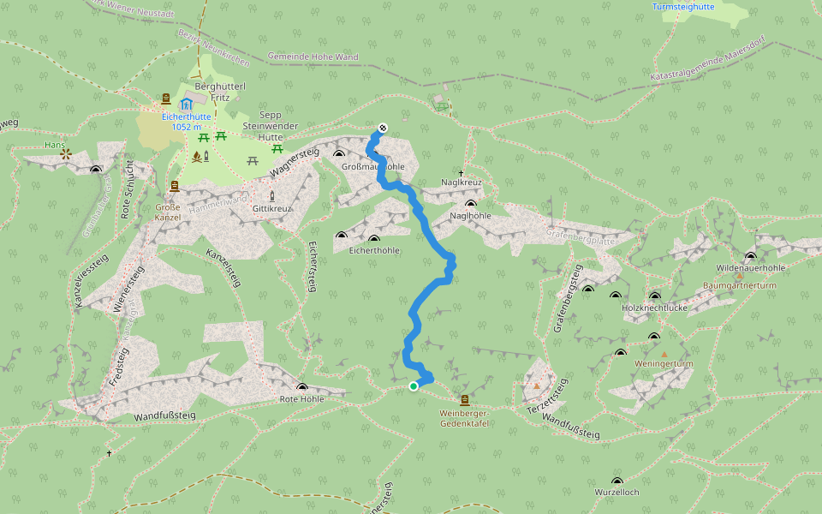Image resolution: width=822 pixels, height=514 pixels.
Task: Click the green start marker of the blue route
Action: (x=414, y=386)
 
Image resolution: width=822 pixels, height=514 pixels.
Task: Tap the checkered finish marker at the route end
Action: (x=382, y=128)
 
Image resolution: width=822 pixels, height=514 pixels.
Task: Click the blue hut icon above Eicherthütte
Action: (x=186, y=105)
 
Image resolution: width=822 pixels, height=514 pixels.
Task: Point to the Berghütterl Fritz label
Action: (x=221, y=93)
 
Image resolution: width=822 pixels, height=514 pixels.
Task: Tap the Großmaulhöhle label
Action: (x=372, y=166)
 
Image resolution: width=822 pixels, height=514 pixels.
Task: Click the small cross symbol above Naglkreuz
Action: (x=461, y=173)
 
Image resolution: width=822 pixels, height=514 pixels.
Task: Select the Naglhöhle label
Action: (x=470, y=216)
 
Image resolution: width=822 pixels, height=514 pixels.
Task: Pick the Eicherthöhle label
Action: (x=374, y=250)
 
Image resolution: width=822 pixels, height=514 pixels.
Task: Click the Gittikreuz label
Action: (x=272, y=208)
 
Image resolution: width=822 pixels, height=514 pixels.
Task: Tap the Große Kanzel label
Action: (x=168, y=212)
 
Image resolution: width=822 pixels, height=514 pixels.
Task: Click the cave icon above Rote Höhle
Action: (x=301, y=387)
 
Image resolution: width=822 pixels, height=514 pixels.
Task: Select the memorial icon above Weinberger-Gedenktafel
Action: (x=465, y=400)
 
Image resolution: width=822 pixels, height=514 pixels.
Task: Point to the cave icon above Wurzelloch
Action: (x=617, y=481)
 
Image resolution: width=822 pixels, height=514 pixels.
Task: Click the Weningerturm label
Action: (x=664, y=364)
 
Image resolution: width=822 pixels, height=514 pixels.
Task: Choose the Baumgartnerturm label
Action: (x=738, y=285)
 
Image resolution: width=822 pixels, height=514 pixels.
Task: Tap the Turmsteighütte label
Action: (x=683, y=6)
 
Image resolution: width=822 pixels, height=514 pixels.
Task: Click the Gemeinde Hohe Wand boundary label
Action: (x=313, y=57)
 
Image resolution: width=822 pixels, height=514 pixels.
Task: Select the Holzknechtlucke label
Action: (x=655, y=307)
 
